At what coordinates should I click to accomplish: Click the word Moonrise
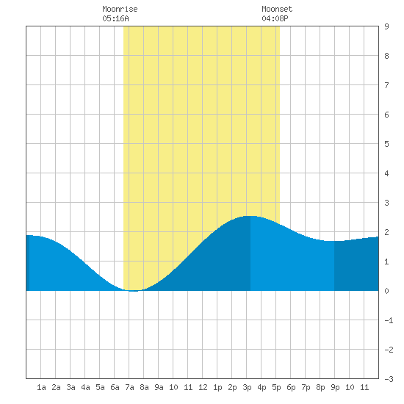point(120,9)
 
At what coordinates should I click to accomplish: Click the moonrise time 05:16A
point(115,18)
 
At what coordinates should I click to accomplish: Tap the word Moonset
point(277,9)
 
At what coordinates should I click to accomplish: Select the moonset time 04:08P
point(275,18)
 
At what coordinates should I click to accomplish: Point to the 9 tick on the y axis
point(386,26)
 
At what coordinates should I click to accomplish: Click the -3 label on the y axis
point(389,379)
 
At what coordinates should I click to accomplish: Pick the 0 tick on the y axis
point(386,291)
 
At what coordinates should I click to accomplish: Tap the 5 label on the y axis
point(386,144)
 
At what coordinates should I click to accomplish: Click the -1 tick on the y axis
point(389,320)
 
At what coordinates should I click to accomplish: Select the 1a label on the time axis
point(41,387)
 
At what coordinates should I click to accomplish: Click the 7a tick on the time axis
point(129,387)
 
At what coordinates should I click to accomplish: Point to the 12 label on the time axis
point(203,387)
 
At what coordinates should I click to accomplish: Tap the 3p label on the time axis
point(247,387)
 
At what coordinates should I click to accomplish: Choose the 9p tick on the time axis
point(335,387)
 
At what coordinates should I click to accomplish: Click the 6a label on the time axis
point(115,387)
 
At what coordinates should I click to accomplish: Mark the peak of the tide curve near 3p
point(250,216)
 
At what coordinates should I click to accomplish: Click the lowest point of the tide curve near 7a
point(133,291)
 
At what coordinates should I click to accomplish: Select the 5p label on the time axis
point(276,387)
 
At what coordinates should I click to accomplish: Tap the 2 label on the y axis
point(386,232)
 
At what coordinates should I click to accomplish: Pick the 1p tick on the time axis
point(217,387)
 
